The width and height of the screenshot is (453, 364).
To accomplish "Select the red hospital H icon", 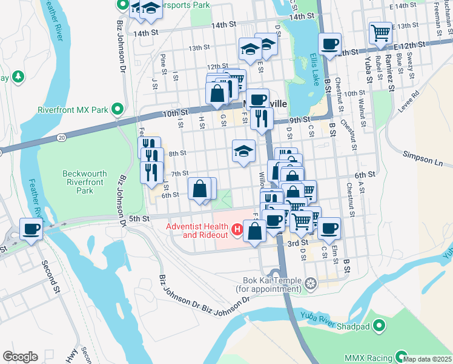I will [x=238, y=231].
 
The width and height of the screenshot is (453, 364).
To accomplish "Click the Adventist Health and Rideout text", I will [x=197, y=231].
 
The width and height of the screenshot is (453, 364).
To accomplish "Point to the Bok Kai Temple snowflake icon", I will [x=310, y=284].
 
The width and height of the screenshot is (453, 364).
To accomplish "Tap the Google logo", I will [x=20, y=357].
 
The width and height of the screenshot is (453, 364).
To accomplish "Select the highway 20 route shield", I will [x=62, y=138].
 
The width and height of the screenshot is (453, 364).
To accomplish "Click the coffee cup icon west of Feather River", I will [x=31, y=229].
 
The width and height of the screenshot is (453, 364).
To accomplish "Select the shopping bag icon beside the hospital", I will [x=255, y=230].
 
